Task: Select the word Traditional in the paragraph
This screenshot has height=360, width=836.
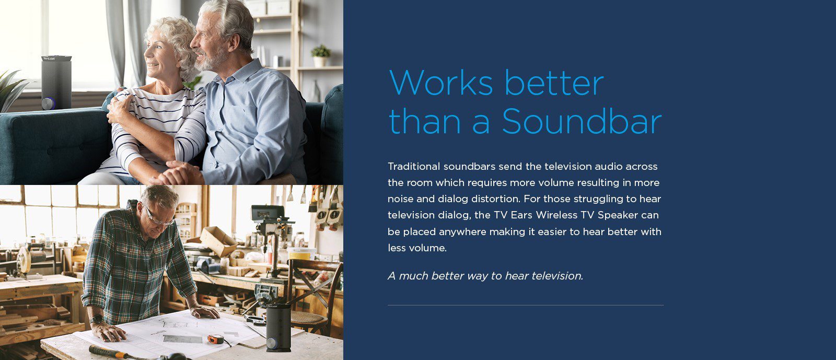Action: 414,166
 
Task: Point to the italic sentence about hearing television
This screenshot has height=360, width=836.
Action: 485,276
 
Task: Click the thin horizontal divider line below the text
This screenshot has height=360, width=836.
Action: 526,305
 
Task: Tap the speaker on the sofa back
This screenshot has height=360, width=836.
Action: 56,83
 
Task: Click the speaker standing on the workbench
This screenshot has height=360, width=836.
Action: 278,327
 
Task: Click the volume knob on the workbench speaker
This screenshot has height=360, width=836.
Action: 272,343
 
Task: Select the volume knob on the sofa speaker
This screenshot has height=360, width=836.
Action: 48,103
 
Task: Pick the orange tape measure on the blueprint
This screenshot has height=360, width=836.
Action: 216,339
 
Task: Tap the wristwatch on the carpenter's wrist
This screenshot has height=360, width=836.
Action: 96,319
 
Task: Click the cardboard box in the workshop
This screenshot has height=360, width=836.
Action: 217,241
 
